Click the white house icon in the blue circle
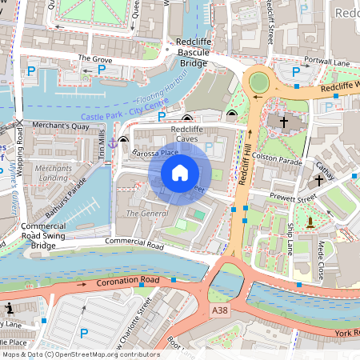tap(180, 172)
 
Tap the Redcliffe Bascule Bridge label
tap(186, 52)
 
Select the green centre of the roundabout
tap(259, 82)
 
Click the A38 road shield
tap(220, 309)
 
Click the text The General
tap(146, 214)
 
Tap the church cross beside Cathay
tap(319, 180)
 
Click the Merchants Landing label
tap(54, 174)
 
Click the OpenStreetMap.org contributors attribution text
tap(104, 354)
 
